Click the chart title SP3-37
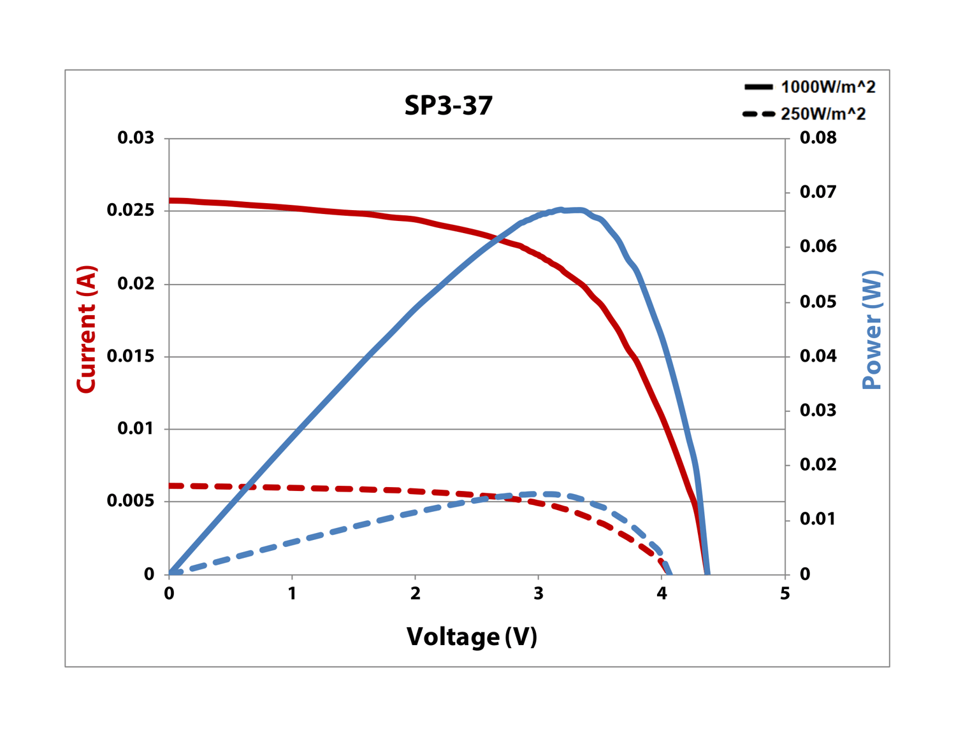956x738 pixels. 449,106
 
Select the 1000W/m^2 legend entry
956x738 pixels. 810,87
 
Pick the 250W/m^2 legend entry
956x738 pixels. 805,114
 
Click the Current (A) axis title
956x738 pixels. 86,329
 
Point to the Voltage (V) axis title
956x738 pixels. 472,636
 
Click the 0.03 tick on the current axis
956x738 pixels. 136,138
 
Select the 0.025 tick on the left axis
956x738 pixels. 131,210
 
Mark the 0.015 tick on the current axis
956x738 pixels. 131,356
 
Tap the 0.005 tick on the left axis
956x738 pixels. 131,501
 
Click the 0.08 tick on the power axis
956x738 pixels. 818,138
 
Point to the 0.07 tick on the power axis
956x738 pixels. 818,192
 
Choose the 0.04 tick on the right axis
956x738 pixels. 818,355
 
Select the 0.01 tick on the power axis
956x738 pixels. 818,519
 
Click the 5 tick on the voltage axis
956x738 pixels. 785,593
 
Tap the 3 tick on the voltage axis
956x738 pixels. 539,593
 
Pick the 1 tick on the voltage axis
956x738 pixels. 292,593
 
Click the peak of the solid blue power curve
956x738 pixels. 570,209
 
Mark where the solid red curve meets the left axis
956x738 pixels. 170,201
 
